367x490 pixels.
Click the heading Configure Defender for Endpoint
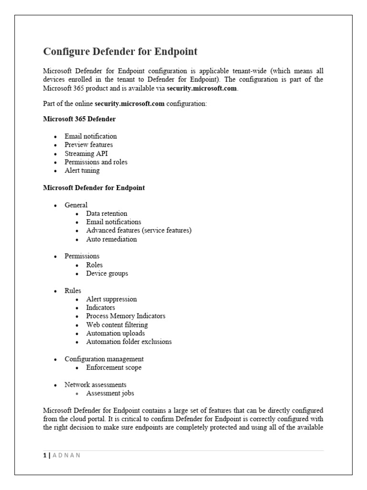(120, 51)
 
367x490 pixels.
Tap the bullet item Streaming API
(86, 154)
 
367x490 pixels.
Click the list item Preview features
(89, 145)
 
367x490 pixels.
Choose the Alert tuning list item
(82, 171)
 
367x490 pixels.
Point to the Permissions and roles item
(96, 162)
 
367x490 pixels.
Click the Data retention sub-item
(107, 213)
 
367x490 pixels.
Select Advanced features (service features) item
(139, 231)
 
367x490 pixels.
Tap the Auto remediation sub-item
(111, 239)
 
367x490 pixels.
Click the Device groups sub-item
(107, 274)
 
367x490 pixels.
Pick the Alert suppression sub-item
(111, 299)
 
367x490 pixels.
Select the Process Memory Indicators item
(126, 316)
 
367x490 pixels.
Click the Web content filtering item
(117, 325)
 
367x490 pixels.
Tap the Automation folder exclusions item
(129, 342)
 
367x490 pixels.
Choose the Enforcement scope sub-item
(114, 367)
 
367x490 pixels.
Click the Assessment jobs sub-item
(110, 393)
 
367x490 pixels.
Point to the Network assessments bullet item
(96, 385)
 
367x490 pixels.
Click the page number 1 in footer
(44, 455)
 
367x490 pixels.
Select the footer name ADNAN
(66, 455)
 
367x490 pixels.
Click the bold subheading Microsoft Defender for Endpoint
(94, 188)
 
